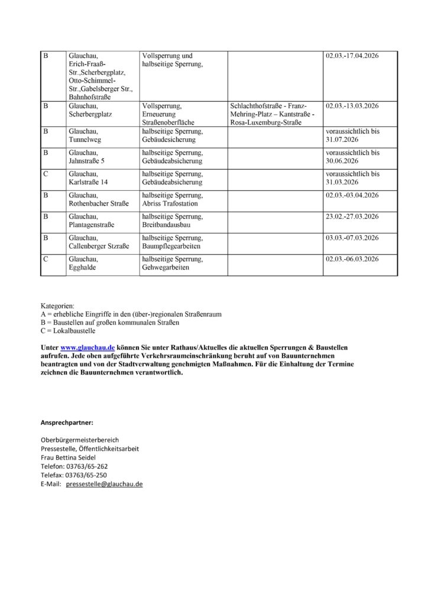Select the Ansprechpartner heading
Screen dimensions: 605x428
coord(67,422)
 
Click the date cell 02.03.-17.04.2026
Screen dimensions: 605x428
coord(352,56)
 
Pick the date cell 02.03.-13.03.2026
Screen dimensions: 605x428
coord(352,106)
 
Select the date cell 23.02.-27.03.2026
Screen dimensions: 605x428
coord(352,216)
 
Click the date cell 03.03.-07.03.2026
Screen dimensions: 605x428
coord(352,238)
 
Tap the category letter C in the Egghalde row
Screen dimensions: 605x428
coord(46,259)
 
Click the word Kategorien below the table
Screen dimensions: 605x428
coord(58,305)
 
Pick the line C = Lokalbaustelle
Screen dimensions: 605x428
coord(68,331)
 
